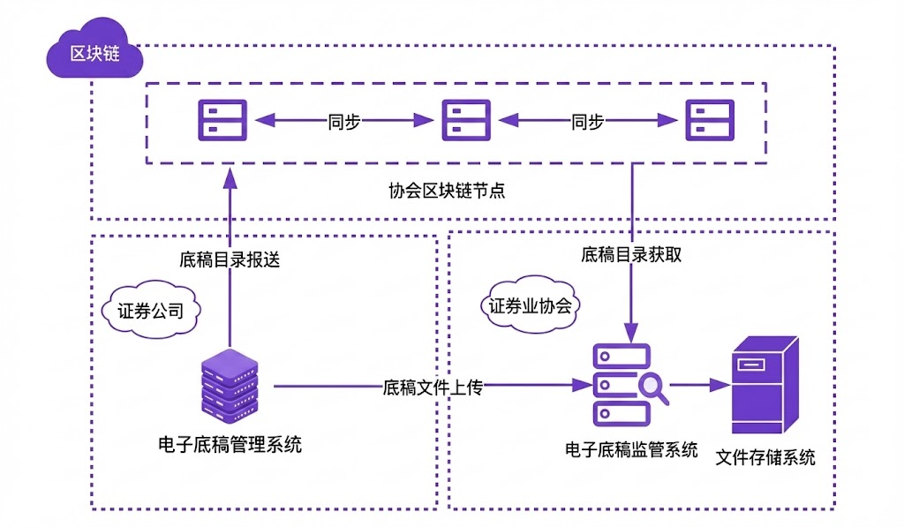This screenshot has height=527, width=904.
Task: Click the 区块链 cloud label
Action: tap(94, 53)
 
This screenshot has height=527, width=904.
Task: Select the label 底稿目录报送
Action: tap(229, 260)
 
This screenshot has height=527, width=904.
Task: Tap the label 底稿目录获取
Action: tap(631, 255)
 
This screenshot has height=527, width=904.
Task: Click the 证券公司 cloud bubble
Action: tap(151, 311)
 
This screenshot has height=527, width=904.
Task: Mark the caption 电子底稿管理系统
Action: tap(229, 445)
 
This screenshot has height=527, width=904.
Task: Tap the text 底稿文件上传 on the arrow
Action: tap(432, 387)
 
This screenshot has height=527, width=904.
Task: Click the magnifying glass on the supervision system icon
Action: tap(653, 386)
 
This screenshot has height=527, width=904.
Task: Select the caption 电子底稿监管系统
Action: tap(631, 449)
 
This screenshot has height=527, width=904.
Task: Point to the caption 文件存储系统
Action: tap(765, 457)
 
